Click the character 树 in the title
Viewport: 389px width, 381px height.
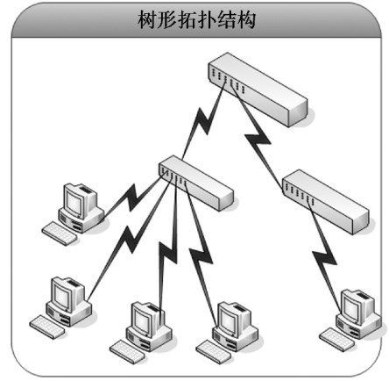[147, 19]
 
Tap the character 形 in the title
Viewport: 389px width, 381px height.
[167, 19]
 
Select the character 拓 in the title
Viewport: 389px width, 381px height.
[187, 19]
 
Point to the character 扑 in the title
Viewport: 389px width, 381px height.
[207, 19]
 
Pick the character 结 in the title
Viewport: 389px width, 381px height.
[226, 19]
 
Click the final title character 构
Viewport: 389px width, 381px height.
[246, 19]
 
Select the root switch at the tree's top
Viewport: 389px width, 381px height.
[258, 90]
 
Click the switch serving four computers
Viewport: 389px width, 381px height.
[196, 183]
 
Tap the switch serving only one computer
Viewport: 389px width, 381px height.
[326, 202]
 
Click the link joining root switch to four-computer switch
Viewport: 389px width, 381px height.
[204, 120]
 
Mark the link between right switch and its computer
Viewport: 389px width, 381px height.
[325, 257]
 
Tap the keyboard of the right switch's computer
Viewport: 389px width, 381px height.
[336, 338]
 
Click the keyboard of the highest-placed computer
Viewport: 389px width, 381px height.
[60, 234]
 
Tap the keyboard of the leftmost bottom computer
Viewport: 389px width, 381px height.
[47, 327]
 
